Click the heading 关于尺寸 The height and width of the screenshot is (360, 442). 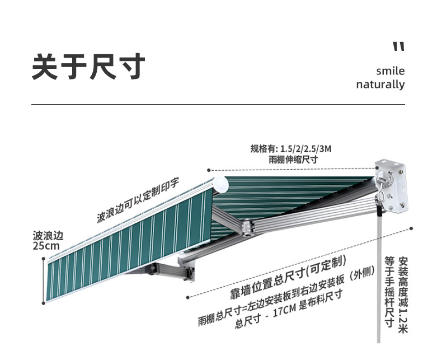pyautogui.click(x=88, y=67)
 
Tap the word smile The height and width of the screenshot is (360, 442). pyautogui.click(x=390, y=71)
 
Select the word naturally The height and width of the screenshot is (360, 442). pyautogui.click(x=380, y=85)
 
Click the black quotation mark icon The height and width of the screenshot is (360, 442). pyautogui.click(x=398, y=46)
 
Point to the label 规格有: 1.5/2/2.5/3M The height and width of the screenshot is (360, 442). pyautogui.click(x=291, y=149)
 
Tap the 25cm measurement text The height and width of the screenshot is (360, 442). pyautogui.click(x=46, y=246)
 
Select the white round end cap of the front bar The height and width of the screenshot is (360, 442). pyautogui.click(x=220, y=184)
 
